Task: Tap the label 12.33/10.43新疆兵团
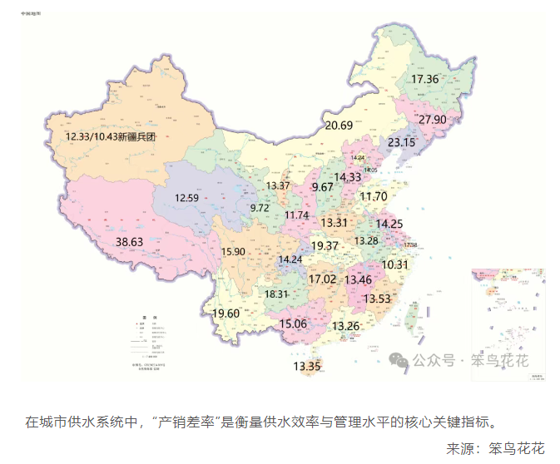pos(112,136)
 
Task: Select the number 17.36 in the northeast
pos(424,79)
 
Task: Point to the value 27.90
pos(433,120)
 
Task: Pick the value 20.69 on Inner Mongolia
pos(339,126)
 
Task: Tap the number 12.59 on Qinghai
pos(186,198)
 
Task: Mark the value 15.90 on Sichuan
pos(233,251)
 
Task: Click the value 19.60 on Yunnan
pos(226,313)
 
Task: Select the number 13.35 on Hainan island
pos(306,366)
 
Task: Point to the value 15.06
pos(293,323)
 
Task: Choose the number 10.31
pos(395,264)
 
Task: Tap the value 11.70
pos(374,196)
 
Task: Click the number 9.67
pos(322,188)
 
